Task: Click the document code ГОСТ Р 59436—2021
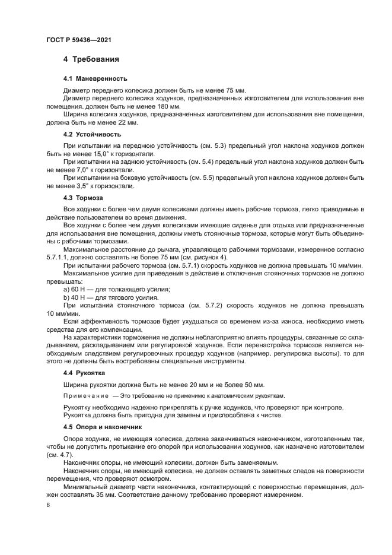(79, 40)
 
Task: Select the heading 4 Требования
(91, 59)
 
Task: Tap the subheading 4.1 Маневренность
(95, 78)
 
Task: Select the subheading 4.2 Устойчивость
(92, 134)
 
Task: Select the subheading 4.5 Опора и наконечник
(103, 426)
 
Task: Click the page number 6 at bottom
(48, 506)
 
